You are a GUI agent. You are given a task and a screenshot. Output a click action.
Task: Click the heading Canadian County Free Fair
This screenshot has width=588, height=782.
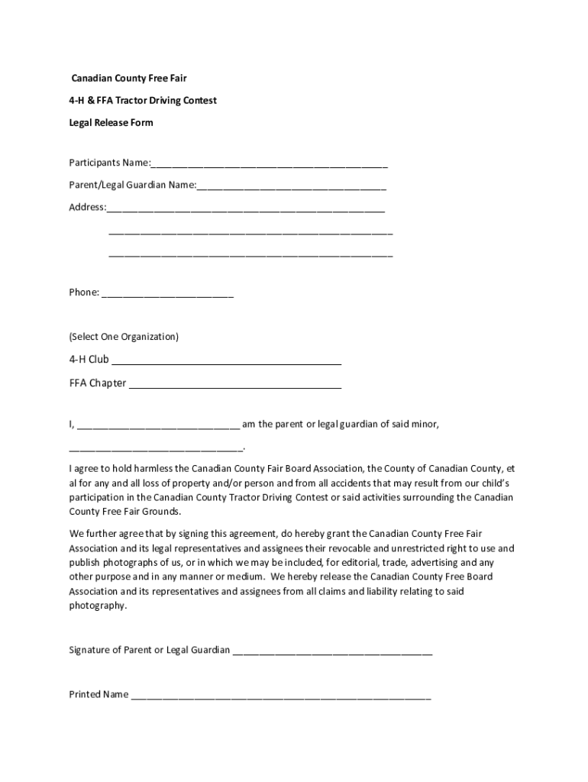[x=129, y=79]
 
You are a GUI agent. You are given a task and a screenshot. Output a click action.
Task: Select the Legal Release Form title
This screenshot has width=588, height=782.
[x=111, y=123]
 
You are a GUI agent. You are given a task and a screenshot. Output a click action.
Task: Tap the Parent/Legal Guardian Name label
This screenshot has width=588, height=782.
[x=132, y=186]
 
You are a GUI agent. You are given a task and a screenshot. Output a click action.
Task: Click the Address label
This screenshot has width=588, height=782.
[x=87, y=208]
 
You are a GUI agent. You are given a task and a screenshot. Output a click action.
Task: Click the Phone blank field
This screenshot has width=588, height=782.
[x=167, y=294]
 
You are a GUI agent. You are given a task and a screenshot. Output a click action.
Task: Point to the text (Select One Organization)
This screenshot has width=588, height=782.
[x=124, y=337]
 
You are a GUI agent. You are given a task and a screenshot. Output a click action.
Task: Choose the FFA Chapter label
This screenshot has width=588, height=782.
[x=98, y=383]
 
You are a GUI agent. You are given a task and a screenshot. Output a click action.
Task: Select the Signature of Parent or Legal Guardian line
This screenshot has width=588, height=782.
[x=332, y=652]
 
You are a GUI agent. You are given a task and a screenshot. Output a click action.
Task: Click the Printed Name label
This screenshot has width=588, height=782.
[x=99, y=695]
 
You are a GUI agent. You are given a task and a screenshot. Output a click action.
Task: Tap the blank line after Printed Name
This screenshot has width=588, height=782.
[x=280, y=696]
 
